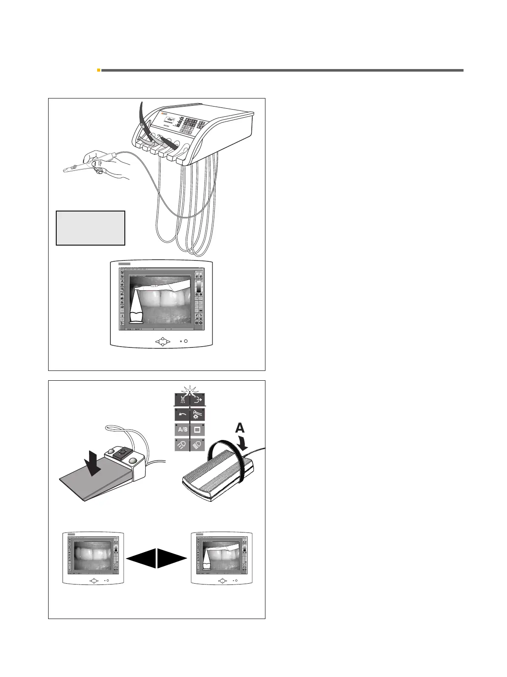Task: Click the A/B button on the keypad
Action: [182, 429]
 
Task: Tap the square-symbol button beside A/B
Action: [197, 429]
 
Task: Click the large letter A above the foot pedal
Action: [239, 428]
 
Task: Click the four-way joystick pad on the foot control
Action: [123, 452]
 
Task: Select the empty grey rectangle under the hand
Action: [90, 228]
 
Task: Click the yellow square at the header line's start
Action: [98, 70]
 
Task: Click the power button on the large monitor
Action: [186, 341]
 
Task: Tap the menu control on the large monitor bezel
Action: [162, 341]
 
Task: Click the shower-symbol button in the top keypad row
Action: [182, 400]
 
